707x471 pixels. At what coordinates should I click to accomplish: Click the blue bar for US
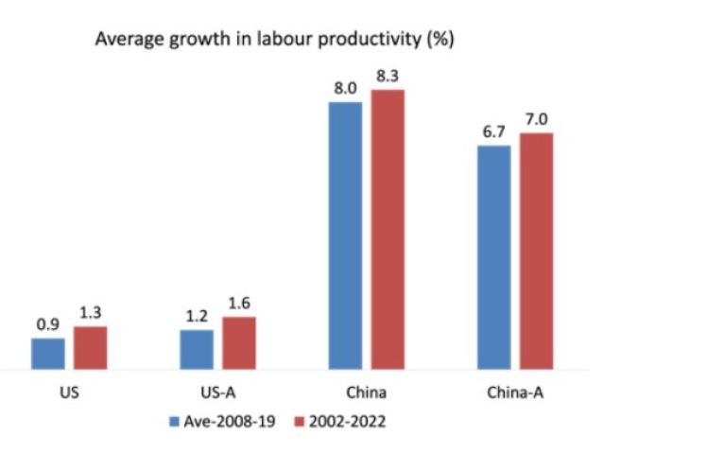coord(48,353)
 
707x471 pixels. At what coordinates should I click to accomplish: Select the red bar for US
coord(91,347)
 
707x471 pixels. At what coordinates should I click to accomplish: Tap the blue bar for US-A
coord(197,349)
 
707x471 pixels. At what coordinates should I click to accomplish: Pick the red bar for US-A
coord(239,342)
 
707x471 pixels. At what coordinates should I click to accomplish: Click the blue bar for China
coord(345,235)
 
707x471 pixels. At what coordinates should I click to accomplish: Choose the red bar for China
coord(388,229)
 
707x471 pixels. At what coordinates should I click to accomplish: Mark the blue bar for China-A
coord(493,256)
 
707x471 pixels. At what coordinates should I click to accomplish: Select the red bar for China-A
coord(536,251)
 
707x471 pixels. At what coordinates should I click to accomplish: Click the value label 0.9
coord(48,324)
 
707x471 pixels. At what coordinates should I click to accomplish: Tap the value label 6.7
coord(493,131)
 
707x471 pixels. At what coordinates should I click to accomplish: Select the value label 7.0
coord(536,119)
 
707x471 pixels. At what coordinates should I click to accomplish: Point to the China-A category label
coord(514,391)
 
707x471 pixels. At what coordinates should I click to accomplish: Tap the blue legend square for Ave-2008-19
coord(173,422)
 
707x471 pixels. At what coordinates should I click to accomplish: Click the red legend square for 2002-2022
coord(293,422)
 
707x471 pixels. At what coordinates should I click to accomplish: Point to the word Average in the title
coord(124,41)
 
